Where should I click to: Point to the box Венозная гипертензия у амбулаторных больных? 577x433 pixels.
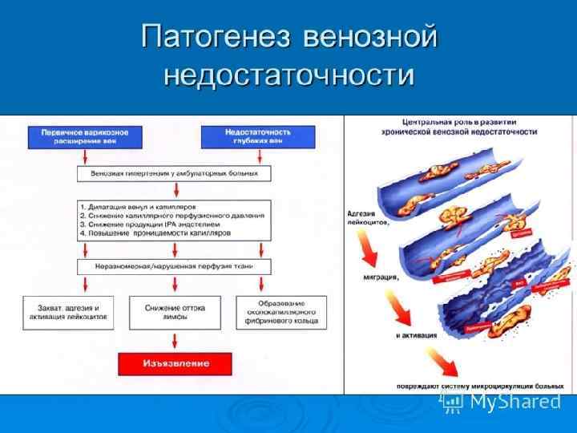[x=175, y=173]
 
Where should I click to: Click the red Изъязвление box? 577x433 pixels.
[x=175, y=363]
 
